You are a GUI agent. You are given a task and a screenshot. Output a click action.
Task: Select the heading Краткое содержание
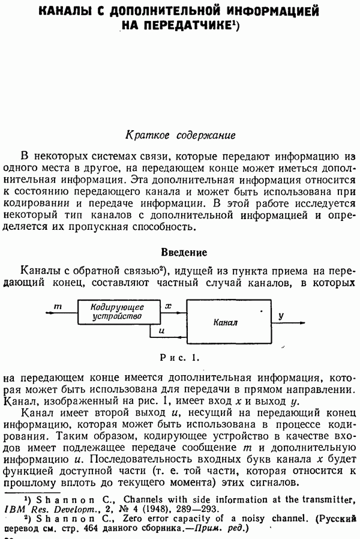pyautogui.click(x=179, y=134)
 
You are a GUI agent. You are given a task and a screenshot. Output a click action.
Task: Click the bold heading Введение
pyautogui.click(x=184, y=252)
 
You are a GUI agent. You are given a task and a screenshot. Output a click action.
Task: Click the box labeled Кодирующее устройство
pyautogui.click(x=117, y=312)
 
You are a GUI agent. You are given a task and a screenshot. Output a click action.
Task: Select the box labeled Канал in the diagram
pyautogui.click(x=226, y=322)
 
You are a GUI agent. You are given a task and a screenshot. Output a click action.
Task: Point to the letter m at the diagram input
pyautogui.click(x=58, y=307)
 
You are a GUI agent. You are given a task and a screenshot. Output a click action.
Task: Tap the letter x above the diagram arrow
pyautogui.click(x=168, y=306)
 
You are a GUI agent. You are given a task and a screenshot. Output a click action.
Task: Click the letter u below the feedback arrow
pyautogui.click(x=161, y=331)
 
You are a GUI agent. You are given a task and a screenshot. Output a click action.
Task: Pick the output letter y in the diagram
pyautogui.click(x=281, y=315)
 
